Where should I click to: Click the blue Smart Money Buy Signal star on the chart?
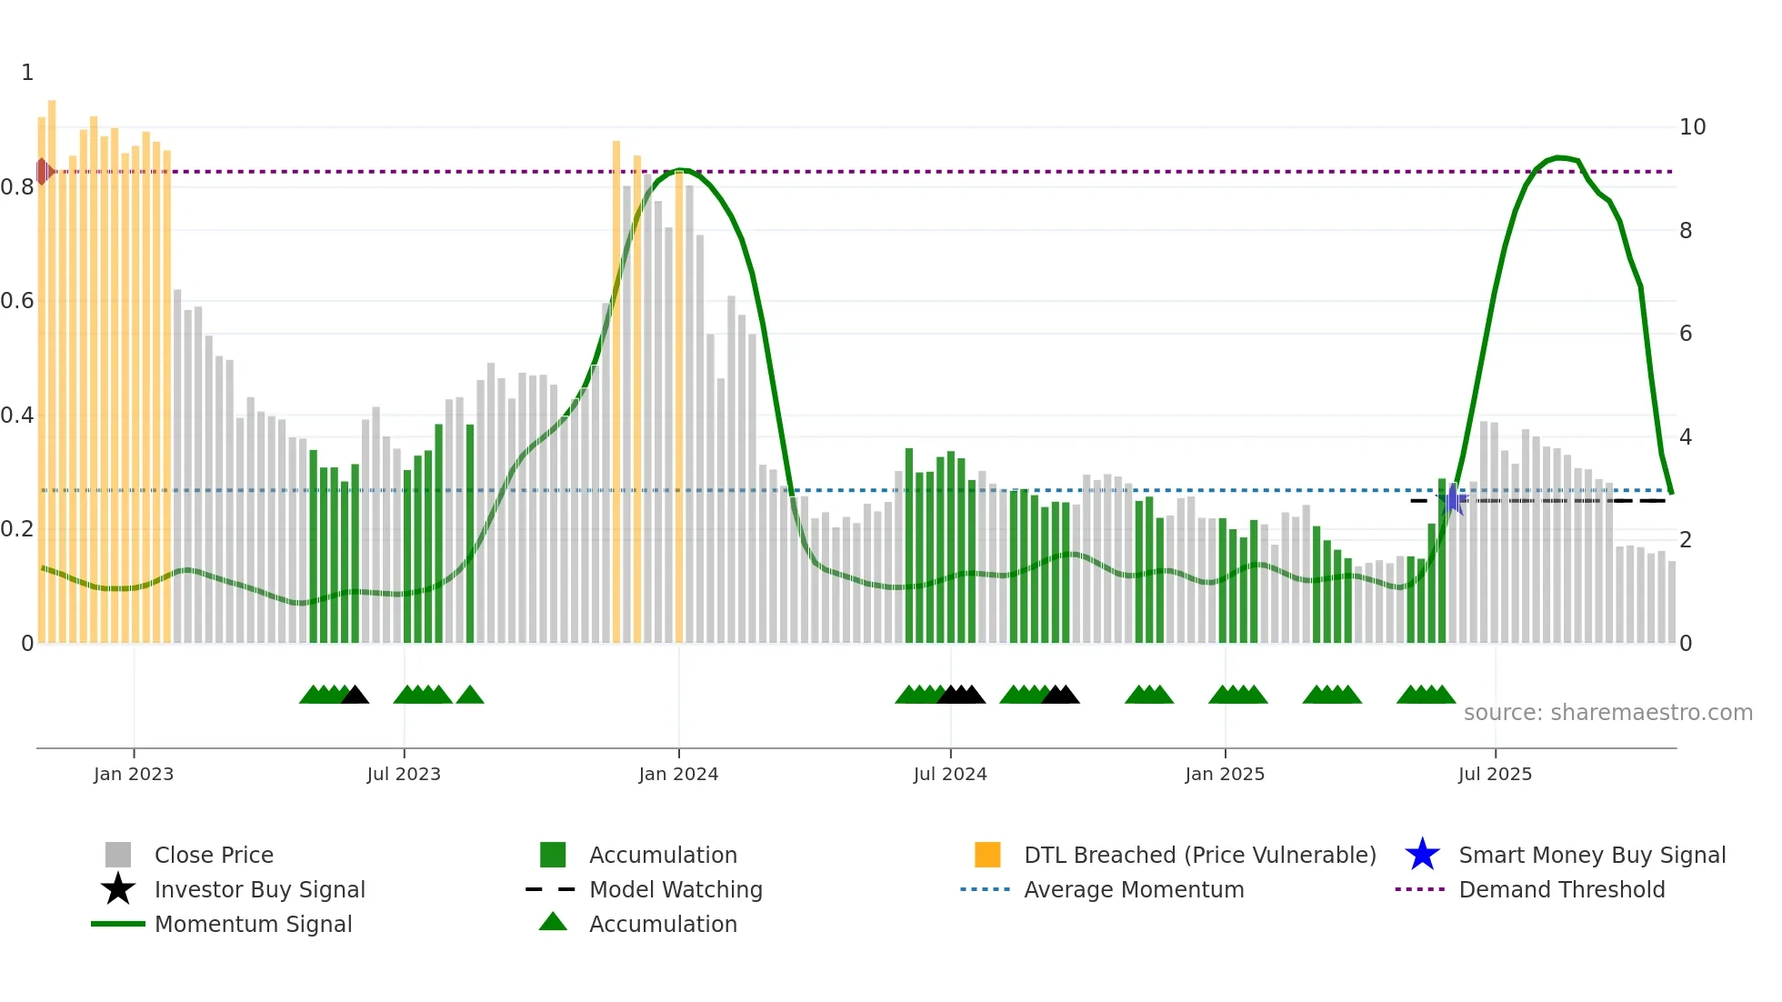[1452, 500]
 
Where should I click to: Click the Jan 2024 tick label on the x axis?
[678, 774]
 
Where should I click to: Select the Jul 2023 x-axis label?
[404, 774]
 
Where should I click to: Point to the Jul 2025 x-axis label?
[1495, 774]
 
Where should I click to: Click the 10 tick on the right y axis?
[1692, 127]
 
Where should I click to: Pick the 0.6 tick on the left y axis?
[17, 301]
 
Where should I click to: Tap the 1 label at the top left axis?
[27, 73]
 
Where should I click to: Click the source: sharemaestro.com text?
[1607, 713]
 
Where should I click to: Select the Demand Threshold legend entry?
[1561, 889]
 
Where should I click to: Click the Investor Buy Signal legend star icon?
[118, 889]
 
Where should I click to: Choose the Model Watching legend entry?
[675, 889]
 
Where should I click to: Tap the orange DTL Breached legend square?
[987, 855]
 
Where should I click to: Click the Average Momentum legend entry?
[1133, 889]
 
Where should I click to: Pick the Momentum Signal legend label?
[253, 924]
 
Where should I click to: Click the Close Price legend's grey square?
[118, 855]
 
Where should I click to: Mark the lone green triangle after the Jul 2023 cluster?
[470, 696]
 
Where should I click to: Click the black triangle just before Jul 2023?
[355, 696]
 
